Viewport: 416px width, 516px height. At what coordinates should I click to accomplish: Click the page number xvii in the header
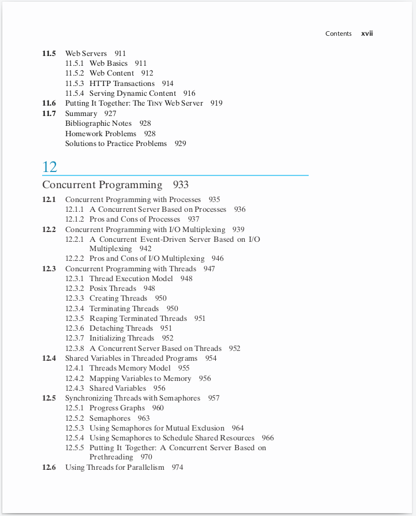[367, 33]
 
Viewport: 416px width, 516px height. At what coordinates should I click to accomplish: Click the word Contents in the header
[338, 33]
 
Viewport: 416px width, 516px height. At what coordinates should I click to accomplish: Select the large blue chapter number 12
[50, 167]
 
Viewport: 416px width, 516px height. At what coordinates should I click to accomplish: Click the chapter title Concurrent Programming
[102, 185]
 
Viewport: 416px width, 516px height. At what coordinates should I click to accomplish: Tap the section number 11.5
[49, 54]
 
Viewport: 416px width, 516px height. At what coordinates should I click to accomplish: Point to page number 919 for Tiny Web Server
[216, 103]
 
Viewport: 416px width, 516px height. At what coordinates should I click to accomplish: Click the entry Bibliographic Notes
[98, 124]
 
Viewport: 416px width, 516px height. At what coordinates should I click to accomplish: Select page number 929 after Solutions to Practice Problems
[181, 144]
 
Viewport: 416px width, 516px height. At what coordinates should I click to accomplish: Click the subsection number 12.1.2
[74, 219]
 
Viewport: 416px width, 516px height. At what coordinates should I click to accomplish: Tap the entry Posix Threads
[113, 289]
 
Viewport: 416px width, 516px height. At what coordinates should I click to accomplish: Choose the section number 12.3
[49, 269]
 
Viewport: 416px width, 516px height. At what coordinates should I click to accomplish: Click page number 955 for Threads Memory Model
[183, 368]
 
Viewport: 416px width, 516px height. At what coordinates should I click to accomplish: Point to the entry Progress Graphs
[117, 408]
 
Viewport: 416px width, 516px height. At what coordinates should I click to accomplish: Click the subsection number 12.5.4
[74, 438]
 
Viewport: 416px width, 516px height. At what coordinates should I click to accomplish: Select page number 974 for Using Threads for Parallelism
[177, 468]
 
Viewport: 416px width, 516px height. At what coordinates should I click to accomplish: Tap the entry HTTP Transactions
[122, 84]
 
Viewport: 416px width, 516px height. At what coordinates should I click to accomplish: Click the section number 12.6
[49, 468]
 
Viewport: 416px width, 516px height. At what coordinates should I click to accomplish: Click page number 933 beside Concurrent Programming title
[181, 185]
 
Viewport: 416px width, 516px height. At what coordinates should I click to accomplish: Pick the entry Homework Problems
[100, 134]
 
